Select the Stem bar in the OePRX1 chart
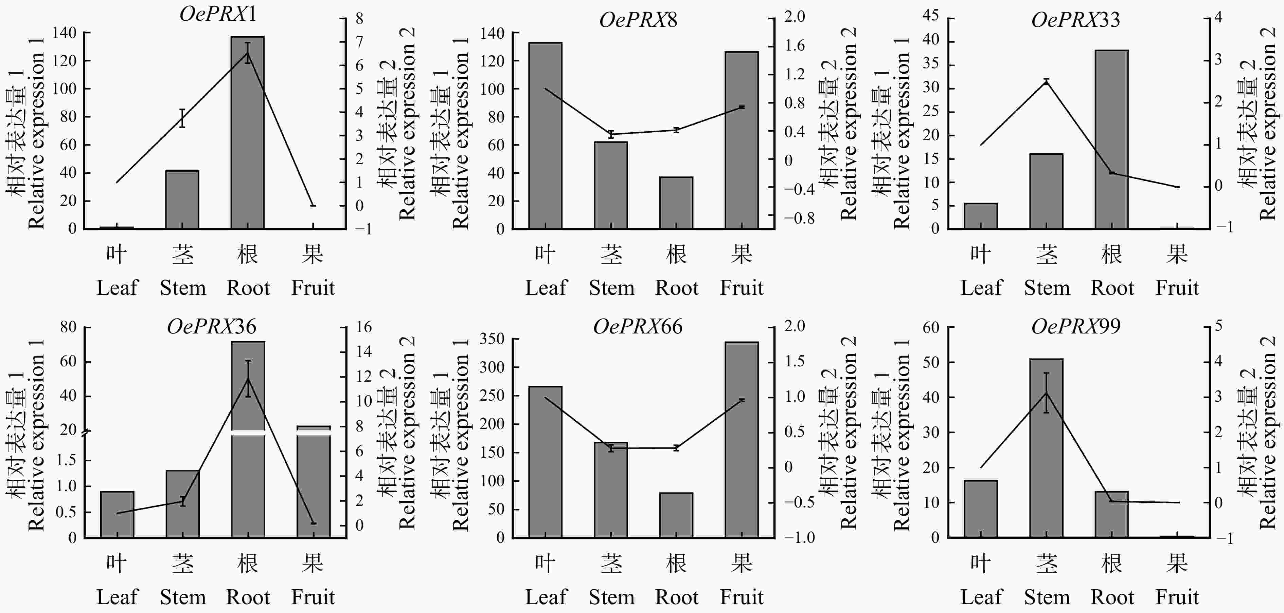(182, 199)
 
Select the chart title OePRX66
(638, 327)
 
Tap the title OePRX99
(1076, 327)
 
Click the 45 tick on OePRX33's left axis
(931, 16)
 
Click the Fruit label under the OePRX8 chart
(741, 288)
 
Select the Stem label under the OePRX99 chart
(1047, 597)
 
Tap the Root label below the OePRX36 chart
(248, 597)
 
